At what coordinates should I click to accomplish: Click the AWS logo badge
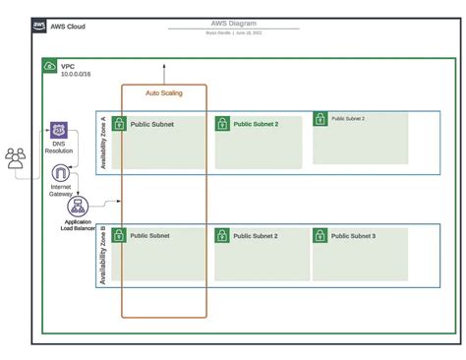click(38, 26)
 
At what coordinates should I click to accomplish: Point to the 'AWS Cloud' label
click(68, 26)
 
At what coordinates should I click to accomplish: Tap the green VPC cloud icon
click(49, 66)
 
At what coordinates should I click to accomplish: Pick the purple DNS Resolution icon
click(59, 131)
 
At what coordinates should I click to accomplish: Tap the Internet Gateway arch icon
click(60, 174)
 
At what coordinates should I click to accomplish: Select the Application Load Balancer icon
click(79, 206)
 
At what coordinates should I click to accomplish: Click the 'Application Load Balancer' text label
click(79, 226)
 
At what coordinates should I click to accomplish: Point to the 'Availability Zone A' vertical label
click(103, 142)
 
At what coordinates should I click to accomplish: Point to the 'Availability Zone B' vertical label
click(103, 255)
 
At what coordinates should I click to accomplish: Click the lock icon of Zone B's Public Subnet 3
click(320, 235)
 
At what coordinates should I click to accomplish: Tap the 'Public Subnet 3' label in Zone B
click(353, 236)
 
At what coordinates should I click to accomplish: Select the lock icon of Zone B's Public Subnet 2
click(222, 235)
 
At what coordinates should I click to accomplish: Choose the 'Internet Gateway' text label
click(60, 190)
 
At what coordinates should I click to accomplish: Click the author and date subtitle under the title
click(232, 31)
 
